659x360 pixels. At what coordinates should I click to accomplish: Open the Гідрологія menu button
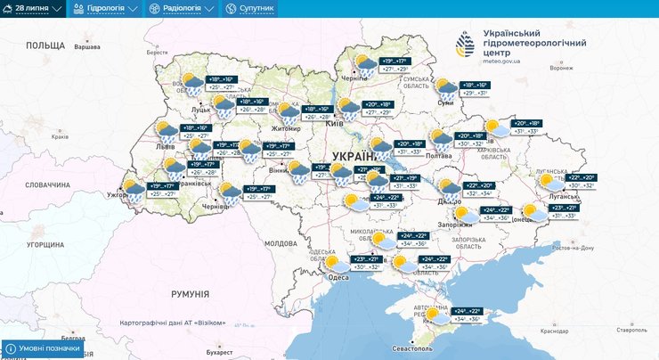pyautogui.click(x=106, y=8)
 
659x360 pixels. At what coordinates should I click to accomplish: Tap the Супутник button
pyautogui.click(x=250, y=8)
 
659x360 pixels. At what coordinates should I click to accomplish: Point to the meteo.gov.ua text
pyautogui.click(x=500, y=61)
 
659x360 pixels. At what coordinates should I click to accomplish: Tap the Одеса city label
pyautogui.click(x=338, y=277)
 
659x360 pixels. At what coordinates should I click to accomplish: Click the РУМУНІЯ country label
pyautogui.click(x=190, y=293)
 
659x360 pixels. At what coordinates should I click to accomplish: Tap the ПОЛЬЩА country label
pyautogui.click(x=45, y=45)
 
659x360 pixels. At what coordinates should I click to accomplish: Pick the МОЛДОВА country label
pyautogui.click(x=281, y=242)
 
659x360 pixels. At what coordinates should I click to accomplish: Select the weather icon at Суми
pyautogui.click(x=445, y=89)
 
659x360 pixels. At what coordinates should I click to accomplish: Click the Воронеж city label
pyautogui.click(x=561, y=68)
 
